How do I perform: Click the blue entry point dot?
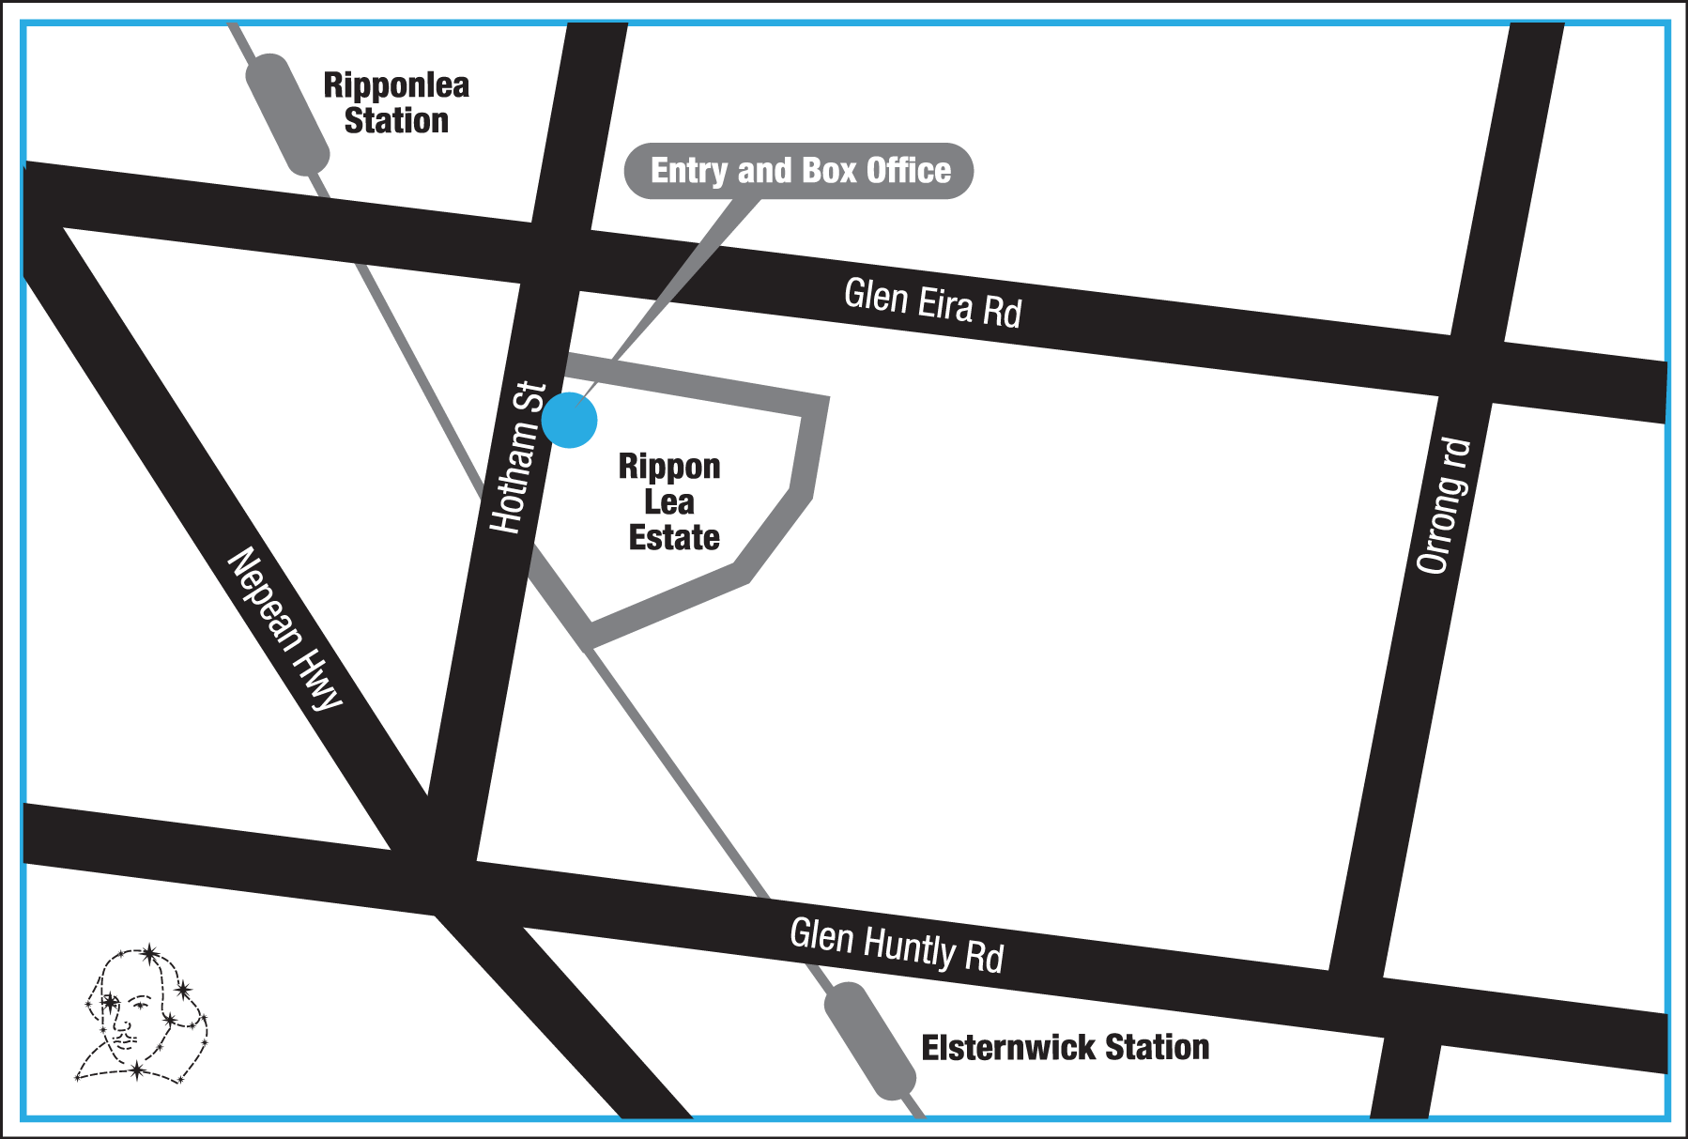pos(569,420)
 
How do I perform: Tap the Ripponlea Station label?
pos(396,102)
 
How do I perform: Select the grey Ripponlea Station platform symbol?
pos(286,114)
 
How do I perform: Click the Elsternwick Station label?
pos(1065,1047)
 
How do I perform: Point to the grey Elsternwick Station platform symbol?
pos(869,1040)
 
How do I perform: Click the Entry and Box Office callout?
pos(799,171)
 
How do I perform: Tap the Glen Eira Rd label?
pos(932,302)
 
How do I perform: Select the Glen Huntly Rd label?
pos(897,946)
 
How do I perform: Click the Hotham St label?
pos(518,457)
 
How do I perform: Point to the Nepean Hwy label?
pos(285,627)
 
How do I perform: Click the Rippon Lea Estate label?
pos(670,501)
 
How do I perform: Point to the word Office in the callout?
pos(908,171)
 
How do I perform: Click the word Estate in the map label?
pos(674,537)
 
